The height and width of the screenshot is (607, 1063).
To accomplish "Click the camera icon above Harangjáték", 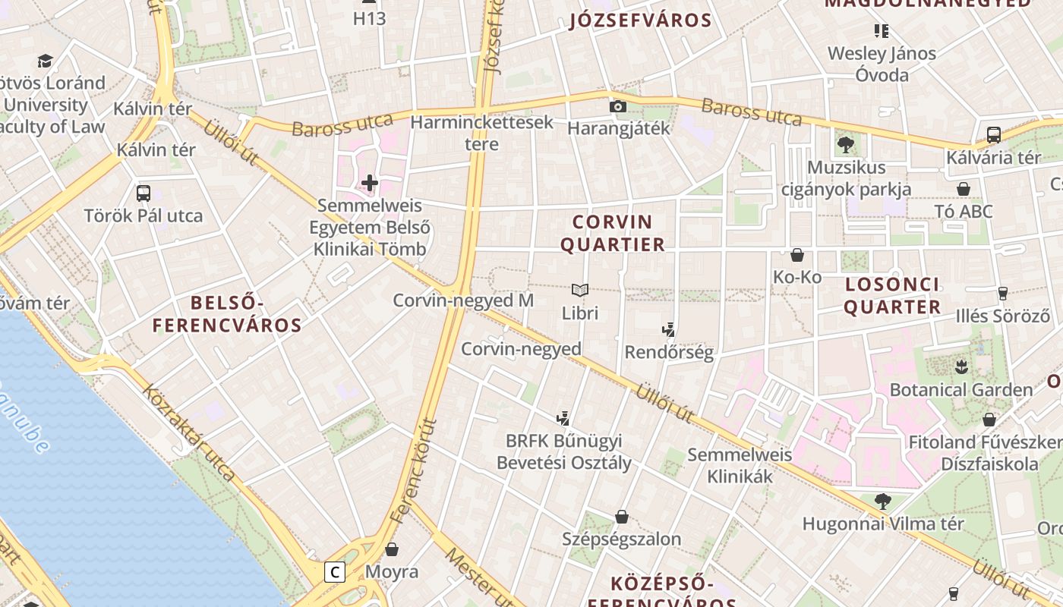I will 618,106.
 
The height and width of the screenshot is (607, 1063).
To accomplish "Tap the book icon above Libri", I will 580,290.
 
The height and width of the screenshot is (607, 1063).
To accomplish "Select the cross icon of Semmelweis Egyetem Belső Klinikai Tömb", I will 370,183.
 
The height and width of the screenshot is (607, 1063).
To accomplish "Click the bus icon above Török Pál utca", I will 144,193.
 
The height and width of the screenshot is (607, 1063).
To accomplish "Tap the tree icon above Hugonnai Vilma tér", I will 882,501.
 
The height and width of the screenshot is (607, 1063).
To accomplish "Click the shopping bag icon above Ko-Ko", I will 797,255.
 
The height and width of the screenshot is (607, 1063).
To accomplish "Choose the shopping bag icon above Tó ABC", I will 964,188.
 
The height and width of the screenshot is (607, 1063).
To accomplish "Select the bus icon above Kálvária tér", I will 993,135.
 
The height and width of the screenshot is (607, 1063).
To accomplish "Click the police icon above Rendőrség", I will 668,330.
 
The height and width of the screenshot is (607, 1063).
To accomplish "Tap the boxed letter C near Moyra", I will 335,571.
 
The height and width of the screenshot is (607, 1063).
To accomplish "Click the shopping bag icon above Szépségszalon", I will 622,517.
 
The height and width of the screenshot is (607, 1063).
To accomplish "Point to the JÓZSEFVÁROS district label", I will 640,20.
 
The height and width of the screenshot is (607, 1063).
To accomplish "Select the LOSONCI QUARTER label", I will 892,296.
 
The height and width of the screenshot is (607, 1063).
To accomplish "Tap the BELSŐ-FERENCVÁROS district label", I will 227,314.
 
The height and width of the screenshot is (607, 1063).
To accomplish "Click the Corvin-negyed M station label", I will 463,300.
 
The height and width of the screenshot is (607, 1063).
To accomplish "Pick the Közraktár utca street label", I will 188,432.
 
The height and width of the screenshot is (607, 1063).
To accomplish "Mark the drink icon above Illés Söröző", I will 1002,293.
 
